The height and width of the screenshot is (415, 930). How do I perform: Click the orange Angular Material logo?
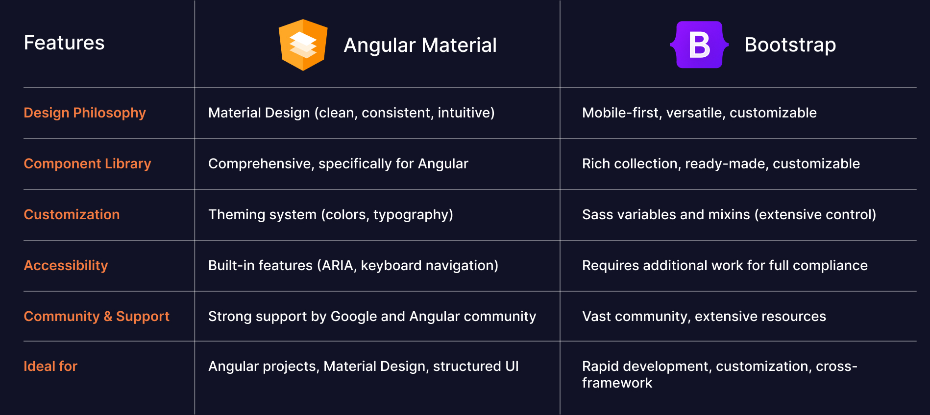pyautogui.click(x=303, y=45)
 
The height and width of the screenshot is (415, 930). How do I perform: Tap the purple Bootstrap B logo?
pyautogui.click(x=699, y=45)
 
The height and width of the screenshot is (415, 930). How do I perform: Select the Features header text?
pyautogui.click(x=64, y=43)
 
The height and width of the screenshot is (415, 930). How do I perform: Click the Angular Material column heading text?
pyautogui.click(x=420, y=45)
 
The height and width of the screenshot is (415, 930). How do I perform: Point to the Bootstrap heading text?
pyautogui.click(x=790, y=45)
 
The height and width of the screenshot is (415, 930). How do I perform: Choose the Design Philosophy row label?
pyautogui.click(x=85, y=113)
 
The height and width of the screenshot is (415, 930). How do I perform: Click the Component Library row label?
pyautogui.click(x=87, y=164)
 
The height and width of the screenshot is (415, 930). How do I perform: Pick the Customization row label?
pyautogui.click(x=72, y=215)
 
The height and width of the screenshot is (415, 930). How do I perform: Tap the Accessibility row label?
pyautogui.click(x=66, y=266)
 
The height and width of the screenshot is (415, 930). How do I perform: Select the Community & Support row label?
pyautogui.click(x=97, y=317)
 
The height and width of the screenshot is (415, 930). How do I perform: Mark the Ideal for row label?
pyautogui.click(x=50, y=367)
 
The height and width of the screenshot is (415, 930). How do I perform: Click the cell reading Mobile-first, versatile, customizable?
pyautogui.click(x=699, y=113)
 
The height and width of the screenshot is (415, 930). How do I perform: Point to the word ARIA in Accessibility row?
pyautogui.click(x=338, y=266)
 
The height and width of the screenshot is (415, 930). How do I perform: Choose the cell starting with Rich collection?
pyautogui.click(x=721, y=164)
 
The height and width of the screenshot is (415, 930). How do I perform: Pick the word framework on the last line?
pyautogui.click(x=617, y=383)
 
